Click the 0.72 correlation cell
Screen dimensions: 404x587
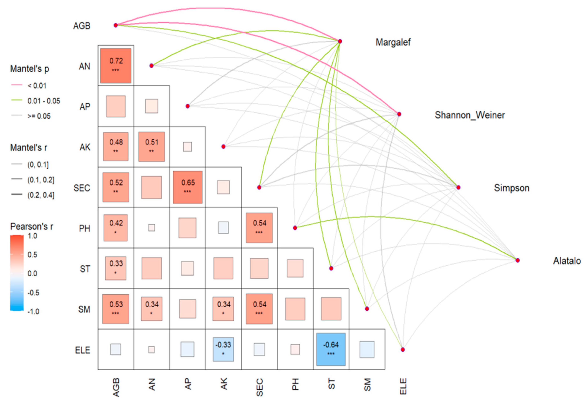(116, 66)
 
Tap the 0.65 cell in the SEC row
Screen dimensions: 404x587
(187, 187)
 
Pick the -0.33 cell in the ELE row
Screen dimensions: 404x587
(223, 349)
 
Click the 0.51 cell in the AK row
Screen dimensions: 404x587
(152, 147)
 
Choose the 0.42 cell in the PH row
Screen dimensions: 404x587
(116, 228)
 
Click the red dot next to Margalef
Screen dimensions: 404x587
(340, 41)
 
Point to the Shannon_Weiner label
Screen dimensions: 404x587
(470, 115)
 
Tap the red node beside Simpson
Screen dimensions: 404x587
(458, 187)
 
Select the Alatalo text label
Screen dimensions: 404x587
(567, 261)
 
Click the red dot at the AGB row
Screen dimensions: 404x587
(116, 25)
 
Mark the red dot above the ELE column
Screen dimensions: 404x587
(403, 349)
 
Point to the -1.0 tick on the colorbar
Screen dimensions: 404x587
(33, 311)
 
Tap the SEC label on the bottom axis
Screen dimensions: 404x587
(260, 387)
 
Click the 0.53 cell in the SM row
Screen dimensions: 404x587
(116, 309)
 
